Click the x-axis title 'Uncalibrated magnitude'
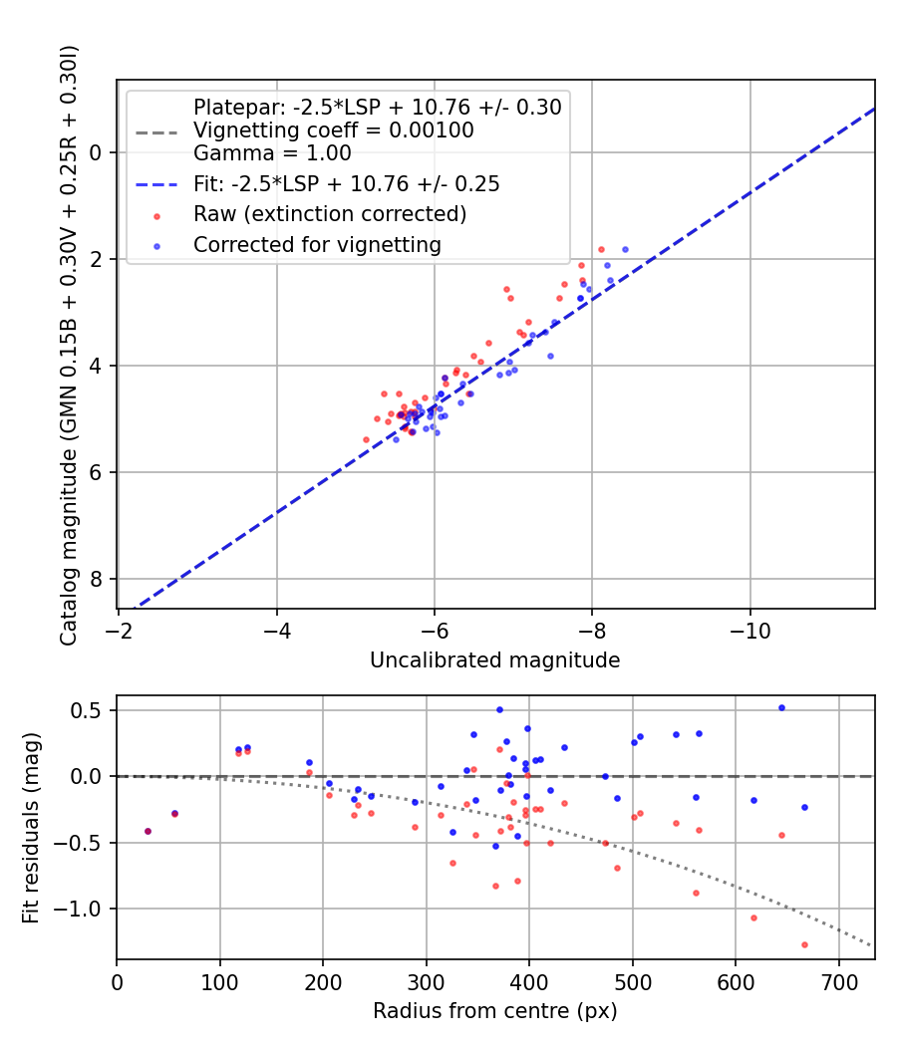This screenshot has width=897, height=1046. pyautogui.click(x=494, y=660)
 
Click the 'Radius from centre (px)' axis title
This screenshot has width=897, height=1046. pyautogui.click(x=494, y=1011)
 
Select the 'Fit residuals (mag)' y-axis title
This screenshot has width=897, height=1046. pyautogui.click(x=31, y=827)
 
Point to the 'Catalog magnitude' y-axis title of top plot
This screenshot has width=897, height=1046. pyautogui.click(x=68, y=344)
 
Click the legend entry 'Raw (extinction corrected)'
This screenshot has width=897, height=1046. pyautogui.click(x=329, y=214)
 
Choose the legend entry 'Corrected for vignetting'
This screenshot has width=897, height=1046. pyautogui.click(x=317, y=244)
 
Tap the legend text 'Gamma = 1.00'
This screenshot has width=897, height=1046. pyautogui.click(x=272, y=153)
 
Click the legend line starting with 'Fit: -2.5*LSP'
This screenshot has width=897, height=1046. pyautogui.click(x=346, y=184)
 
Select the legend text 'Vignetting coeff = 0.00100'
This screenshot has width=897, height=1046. pyautogui.click(x=333, y=131)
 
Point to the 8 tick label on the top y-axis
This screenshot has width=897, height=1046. pyautogui.click(x=96, y=580)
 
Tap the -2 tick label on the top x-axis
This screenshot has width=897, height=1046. pyautogui.click(x=119, y=633)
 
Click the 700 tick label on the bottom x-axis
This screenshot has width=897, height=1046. pyautogui.click(x=838, y=983)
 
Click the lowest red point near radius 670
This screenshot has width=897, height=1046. pyautogui.click(x=804, y=944)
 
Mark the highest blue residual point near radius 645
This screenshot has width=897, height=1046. pyautogui.click(x=781, y=707)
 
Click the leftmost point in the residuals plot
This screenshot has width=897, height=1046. pyautogui.click(x=148, y=831)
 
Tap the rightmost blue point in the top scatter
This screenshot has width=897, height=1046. pyautogui.click(x=625, y=249)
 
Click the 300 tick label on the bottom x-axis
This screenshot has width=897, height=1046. pyautogui.click(x=427, y=983)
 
